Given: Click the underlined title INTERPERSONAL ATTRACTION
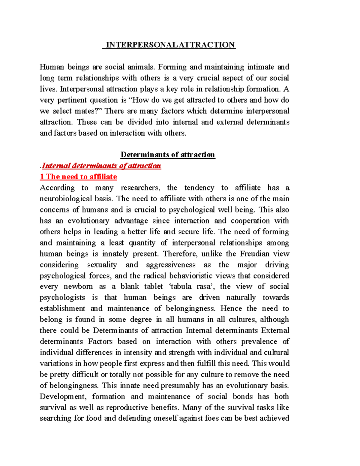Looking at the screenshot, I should click(169, 45).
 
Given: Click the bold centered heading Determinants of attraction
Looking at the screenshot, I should click(168, 155).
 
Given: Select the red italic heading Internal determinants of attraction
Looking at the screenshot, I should click(101, 166).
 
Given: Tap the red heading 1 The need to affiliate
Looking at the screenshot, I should click(79, 177).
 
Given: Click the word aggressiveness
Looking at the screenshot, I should click(170, 265).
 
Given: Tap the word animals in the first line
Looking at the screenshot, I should click(141, 67).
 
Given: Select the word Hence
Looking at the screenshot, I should click(231, 308).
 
